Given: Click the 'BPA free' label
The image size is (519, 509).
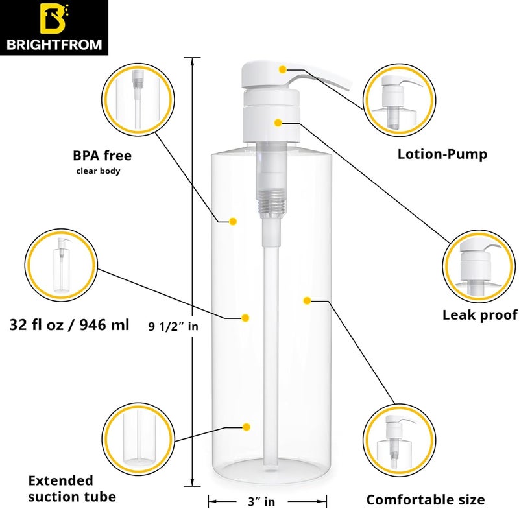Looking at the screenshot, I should click(x=102, y=156).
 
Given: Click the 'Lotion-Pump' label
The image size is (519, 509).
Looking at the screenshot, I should click(x=442, y=154).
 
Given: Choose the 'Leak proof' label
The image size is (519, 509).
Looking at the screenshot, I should click(x=479, y=315).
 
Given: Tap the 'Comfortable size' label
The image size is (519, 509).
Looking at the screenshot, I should click(x=425, y=499).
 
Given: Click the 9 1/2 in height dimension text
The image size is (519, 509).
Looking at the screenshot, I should click(x=173, y=327).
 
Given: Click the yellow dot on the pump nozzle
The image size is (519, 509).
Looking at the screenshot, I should click(x=282, y=69).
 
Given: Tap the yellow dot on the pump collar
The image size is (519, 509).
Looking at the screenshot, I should click(x=278, y=123).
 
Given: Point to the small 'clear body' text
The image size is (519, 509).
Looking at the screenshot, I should click(x=99, y=172).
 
